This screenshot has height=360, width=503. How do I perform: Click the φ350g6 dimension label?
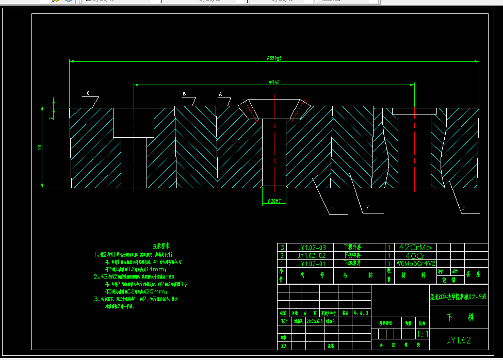(x=274, y=58)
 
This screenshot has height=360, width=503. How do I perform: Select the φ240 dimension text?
(x=274, y=82)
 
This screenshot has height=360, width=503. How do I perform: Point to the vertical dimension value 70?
(x=40, y=148)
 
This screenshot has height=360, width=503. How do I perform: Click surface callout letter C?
(x=88, y=93)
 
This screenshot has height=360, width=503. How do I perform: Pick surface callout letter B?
(x=184, y=94)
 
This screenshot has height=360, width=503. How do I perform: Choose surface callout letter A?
(x=220, y=95)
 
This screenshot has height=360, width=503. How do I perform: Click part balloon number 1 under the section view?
(x=333, y=208)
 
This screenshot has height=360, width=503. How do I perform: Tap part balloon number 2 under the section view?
(x=367, y=207)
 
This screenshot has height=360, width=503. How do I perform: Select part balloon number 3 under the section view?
(x=463, y=207)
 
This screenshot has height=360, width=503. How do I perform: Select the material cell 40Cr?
(x=415, y=255)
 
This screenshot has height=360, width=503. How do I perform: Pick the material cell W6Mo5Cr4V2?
(x=416, y=263)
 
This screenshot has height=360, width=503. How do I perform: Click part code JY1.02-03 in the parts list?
(x=312, y=247)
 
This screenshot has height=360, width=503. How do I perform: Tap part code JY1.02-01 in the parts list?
(x=312, y=263)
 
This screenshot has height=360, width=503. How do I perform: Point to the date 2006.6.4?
(x=315, y=320)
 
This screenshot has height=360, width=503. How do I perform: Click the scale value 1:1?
(x=422, y=334)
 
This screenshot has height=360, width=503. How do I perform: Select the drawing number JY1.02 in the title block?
(x=458, y=340)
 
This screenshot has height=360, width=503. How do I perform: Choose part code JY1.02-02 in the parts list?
(x=312, y=255)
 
